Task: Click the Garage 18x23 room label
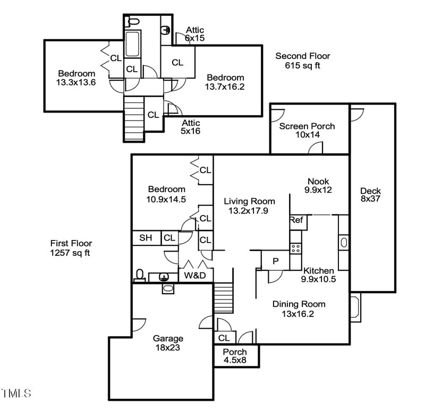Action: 168,343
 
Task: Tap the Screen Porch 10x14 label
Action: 307,131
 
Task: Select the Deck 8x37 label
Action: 370,195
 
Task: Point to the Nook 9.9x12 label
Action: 318,185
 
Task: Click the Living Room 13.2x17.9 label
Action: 249,205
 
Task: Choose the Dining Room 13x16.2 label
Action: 299,308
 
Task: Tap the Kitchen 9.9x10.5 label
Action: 318,274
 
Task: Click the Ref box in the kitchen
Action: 296,220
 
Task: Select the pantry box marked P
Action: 275,261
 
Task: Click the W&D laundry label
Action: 194,276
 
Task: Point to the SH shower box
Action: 146,238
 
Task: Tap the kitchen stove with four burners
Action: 295,247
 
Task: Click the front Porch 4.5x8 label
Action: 235,356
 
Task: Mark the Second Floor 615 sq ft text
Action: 303,61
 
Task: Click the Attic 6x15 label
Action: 194,35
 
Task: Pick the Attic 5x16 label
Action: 191,127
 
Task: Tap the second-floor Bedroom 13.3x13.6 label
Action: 76,78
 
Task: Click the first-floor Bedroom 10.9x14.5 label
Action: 167,194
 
